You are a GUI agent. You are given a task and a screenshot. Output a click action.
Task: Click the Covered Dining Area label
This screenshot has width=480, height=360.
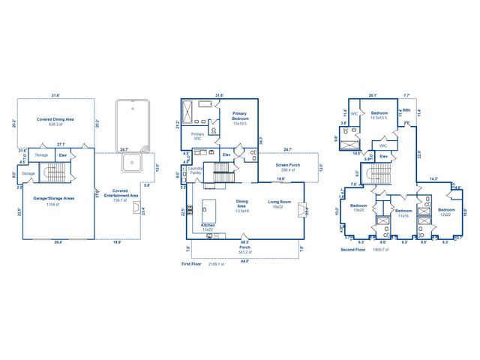coord(56,120)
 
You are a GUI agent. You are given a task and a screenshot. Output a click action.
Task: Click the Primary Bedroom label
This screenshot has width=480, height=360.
coord(239,117)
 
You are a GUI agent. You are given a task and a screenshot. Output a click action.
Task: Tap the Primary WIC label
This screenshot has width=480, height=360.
coord(197,136)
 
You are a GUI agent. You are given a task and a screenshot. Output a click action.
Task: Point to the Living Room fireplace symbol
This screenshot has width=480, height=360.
coord(301,210)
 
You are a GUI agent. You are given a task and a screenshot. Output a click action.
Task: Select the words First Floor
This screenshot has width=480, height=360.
coord(192,264)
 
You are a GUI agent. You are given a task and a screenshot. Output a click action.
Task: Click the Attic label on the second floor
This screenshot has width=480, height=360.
coord(406,109)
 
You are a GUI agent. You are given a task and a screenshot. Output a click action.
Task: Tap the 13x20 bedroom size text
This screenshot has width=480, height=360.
coord(358,209)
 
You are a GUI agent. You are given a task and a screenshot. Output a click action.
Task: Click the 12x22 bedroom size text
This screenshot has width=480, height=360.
coord(446,214)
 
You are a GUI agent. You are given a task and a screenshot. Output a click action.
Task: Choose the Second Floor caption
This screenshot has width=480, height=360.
coord(353,249)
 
